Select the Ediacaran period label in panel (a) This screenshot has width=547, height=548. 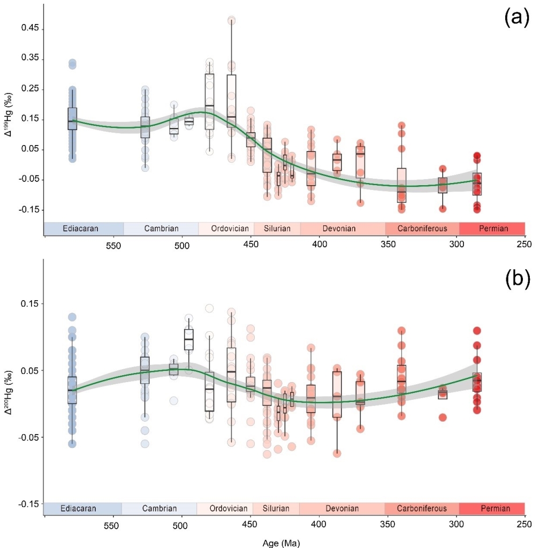click(x=80, y=229)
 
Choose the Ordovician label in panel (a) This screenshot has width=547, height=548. click(x=230, y=229)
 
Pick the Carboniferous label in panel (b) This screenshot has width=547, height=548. click(x=422, y=508)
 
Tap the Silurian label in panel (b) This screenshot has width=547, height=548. click(x=276, y=508)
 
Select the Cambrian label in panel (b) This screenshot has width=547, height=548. click(x=159, y=508)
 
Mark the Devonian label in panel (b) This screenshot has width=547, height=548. click(x=341, y=508)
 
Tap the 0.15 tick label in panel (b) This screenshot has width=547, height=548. click(x=31, y=303)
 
